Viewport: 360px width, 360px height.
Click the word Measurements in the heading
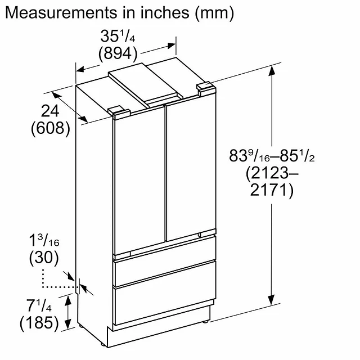[61, 12]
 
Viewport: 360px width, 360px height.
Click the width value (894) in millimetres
[118, 53]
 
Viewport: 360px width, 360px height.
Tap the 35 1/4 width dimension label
[118, 36]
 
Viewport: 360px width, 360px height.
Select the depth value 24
[50, 111]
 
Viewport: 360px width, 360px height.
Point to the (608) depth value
[51, 128]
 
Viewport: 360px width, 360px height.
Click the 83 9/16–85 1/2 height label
[272, 155]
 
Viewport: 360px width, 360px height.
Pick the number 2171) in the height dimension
[272, 190]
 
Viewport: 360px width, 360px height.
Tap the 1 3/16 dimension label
[44, 240]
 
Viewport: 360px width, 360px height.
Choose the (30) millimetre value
[44, 257]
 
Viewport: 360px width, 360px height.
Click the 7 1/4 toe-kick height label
[39, 305]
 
